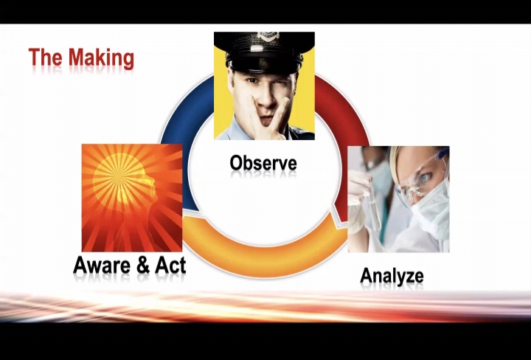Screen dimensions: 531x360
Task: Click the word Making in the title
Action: (101, 58)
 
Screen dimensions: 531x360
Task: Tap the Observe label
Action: (263, 163)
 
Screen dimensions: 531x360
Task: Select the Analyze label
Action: (392, 277)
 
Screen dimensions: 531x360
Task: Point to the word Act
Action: (170, 265)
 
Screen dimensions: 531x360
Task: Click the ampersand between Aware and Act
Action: (144, 266)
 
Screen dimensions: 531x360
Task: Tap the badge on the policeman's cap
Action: (267, 35)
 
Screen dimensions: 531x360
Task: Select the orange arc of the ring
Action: (264, 257)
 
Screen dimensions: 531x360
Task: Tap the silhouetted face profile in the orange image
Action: (142, 196)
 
